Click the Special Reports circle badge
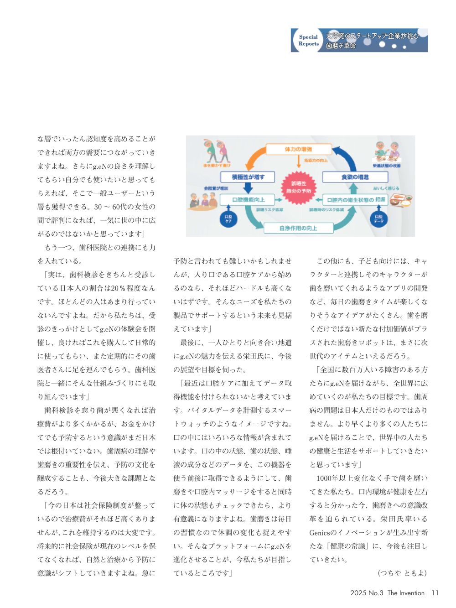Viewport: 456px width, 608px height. pyautogui.click(x=308, y=41)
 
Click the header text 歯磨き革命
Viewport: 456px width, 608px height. pyautogui.click(x=341, y=46)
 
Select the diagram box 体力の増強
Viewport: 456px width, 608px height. pyautogui.click(x=298, y=149)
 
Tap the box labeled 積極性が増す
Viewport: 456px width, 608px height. pyautogui.click(x=248, y=177)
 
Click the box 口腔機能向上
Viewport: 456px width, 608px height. pyautogui.click(x=249, y=200)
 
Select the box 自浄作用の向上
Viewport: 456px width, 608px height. pyautogui.click(x=298, y=228)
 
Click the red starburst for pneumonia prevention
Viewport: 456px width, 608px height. pyautogui.click(x=299, y=187)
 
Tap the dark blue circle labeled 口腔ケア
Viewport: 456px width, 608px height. pyautogui.click(x=228, y=219)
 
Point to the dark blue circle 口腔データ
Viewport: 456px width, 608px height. pyautogui.click(x=378, y=219)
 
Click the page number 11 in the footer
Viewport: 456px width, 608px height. pyautogui.click(x=435, y=593)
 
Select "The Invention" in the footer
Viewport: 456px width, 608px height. pyautogui.click(x=406, y=593)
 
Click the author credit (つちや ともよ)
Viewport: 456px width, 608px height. pyautogui.click(x=402, y=573)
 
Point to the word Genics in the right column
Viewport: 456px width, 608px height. pyautogui.click(x=319, y=532)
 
